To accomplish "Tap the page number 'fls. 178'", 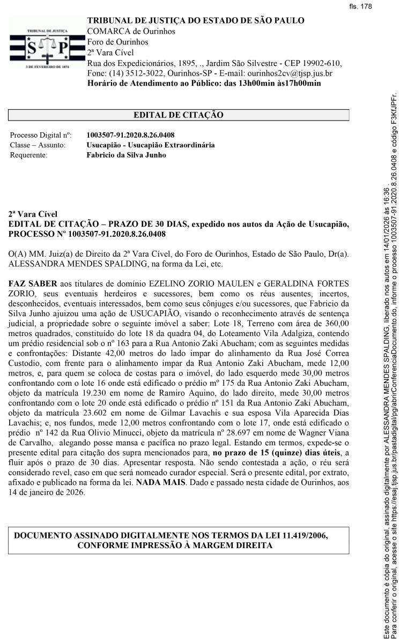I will click(360, 6).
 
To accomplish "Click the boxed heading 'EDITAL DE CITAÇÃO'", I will click(178, 115).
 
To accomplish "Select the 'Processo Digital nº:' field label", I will click(41, 135).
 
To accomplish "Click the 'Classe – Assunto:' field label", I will click(38, 145).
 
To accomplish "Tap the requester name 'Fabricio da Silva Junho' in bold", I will click(126, 155).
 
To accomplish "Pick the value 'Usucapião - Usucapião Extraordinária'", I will click(151, 145).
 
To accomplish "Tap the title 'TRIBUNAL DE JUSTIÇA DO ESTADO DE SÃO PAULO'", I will click(196, 21).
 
